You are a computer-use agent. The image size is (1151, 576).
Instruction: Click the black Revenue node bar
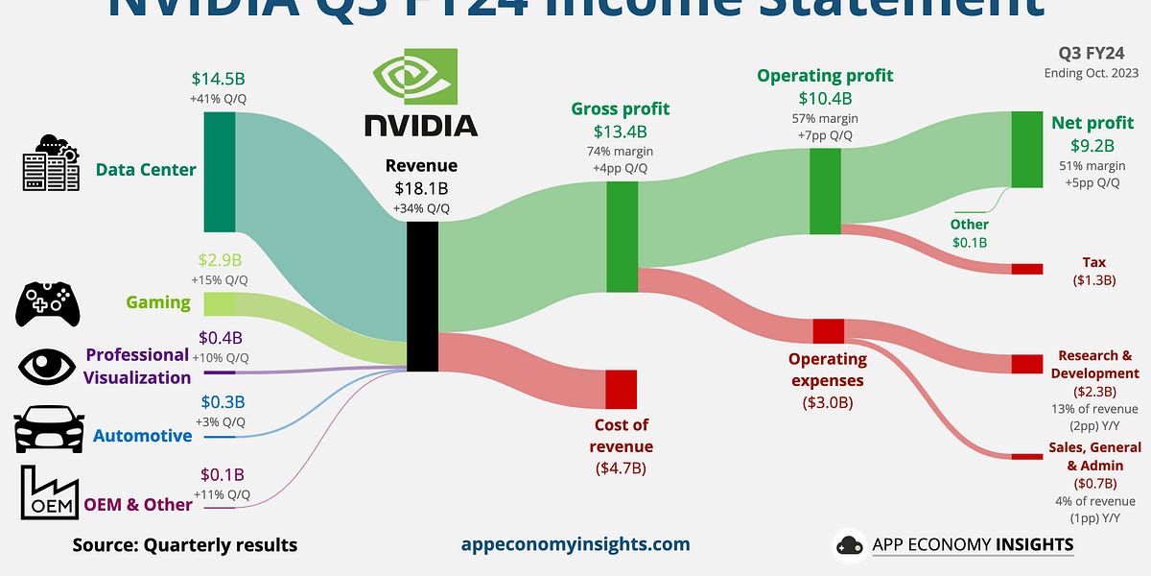pos(422,297)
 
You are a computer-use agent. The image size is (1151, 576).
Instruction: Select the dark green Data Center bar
pos(220,171)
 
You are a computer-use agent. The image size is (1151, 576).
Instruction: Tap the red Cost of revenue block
pos(621,389)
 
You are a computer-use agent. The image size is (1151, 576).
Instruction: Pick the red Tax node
pos(1026,269)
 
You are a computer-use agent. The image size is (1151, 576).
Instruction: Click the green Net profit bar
pos(1026,149)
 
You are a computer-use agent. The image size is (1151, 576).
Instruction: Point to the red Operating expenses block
pos(828,331)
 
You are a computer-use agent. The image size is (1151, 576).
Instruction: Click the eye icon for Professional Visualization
pos(45,366)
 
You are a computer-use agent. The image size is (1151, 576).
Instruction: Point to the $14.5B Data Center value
pos(219,80)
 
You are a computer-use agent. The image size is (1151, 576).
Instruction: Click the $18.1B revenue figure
pos(421,188)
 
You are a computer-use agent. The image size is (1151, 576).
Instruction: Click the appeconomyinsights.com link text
pos(575,544)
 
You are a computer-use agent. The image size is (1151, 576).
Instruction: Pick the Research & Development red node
pos(1026,364)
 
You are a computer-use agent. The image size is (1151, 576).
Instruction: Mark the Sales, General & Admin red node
pos(1026,456)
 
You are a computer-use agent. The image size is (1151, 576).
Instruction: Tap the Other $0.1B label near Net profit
pos(969,233)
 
